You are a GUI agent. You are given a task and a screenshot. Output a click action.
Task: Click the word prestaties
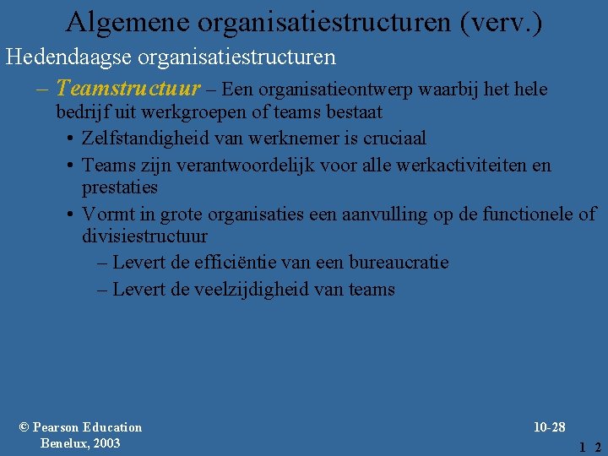pos(120,187)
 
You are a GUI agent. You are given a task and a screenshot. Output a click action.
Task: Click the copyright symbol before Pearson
pos(24,427)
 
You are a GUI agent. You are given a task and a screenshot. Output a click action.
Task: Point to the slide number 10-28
pos(550,427)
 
